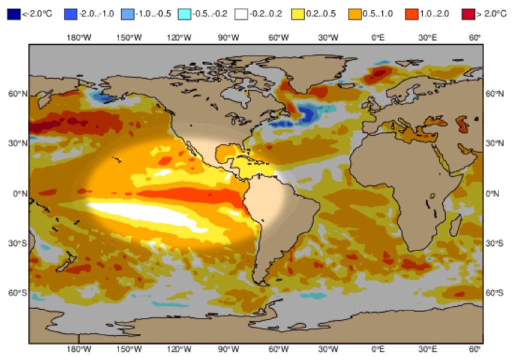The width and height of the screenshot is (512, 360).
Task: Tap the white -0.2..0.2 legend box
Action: point(242,14)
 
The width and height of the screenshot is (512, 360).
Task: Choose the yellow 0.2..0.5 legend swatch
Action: point(297,14)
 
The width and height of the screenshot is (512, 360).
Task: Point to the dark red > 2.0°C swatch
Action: point(468,14)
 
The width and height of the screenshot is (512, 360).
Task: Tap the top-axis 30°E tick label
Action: point(428,37)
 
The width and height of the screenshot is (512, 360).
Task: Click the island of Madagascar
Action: point(455,225)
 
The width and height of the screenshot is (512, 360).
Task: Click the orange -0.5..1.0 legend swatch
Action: point(354,14)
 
